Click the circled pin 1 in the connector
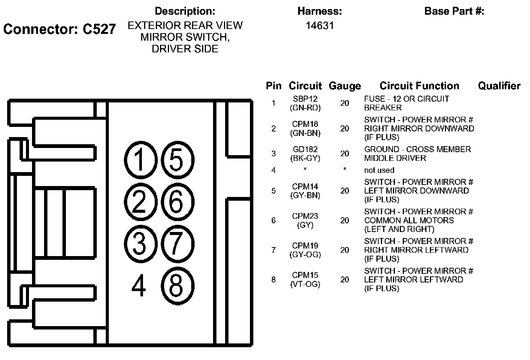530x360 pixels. point(140,160)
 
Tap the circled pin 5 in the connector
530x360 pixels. point(177,160)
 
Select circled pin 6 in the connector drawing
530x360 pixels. point(177,202)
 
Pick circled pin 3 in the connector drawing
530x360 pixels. point(140,244)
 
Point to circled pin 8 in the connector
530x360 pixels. point(177,285)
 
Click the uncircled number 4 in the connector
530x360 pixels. point(139,286)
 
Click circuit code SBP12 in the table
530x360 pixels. point(305,99)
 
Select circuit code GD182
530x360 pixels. point(305,149)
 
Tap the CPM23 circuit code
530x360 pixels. point(305,216)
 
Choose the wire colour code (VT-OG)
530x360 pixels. point(305,284)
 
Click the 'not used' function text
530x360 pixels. point(379,170)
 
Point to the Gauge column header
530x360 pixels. point(344,86)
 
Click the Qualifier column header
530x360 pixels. point(499,86)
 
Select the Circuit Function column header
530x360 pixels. point(419,86)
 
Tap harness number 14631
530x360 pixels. point(320,26)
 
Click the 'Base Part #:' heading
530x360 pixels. point(454,11)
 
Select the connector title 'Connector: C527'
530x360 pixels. point(59,29)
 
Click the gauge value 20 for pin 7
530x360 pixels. point(344,250)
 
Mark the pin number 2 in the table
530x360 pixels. point(274,128)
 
